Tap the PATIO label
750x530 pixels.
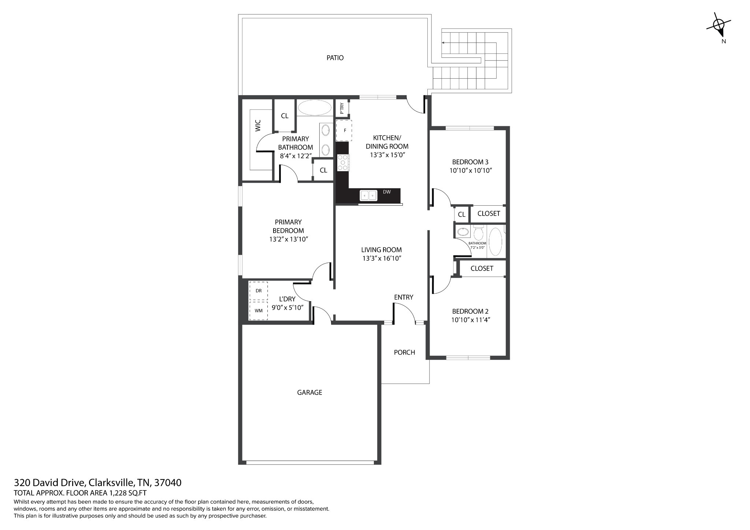point(335,58)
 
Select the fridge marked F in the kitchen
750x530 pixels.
point(344,130)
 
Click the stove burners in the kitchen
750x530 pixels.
point(344,163)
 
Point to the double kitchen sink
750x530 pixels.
point(369,195)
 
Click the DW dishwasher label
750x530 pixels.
point(387,192)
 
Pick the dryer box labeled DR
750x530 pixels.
point(258,291)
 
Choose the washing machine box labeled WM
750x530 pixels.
point(258,310)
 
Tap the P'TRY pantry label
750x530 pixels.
point(342,108)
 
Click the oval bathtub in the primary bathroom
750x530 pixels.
point(315,108)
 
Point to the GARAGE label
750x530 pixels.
point(309,392)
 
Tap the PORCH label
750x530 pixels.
point(404,352)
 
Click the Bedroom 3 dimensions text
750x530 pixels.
point(470,171)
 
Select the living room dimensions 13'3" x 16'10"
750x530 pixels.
point(382,258)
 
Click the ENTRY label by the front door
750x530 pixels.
point(404,297)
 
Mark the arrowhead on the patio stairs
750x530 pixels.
point(443,43)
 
